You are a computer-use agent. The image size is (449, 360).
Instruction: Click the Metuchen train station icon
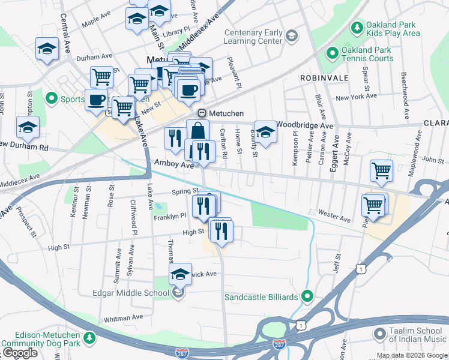click(x=202, y=113)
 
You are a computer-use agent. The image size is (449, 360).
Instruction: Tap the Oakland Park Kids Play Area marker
click(x=357, y=28)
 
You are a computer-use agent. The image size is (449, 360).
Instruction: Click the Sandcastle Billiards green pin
click(x=307, y=296)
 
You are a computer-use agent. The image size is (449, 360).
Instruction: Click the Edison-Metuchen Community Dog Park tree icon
click(x=89, y=339)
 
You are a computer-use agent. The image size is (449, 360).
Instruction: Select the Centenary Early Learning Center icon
click(x=291, y=37)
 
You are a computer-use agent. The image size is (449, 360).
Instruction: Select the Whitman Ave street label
click(x=123, y=317)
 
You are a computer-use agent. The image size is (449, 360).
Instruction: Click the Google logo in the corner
click(x=20, y=353)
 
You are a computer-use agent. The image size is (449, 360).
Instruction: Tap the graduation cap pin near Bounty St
click(x=265, y=131)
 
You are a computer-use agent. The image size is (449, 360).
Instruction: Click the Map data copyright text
click(x=412, y=355)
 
